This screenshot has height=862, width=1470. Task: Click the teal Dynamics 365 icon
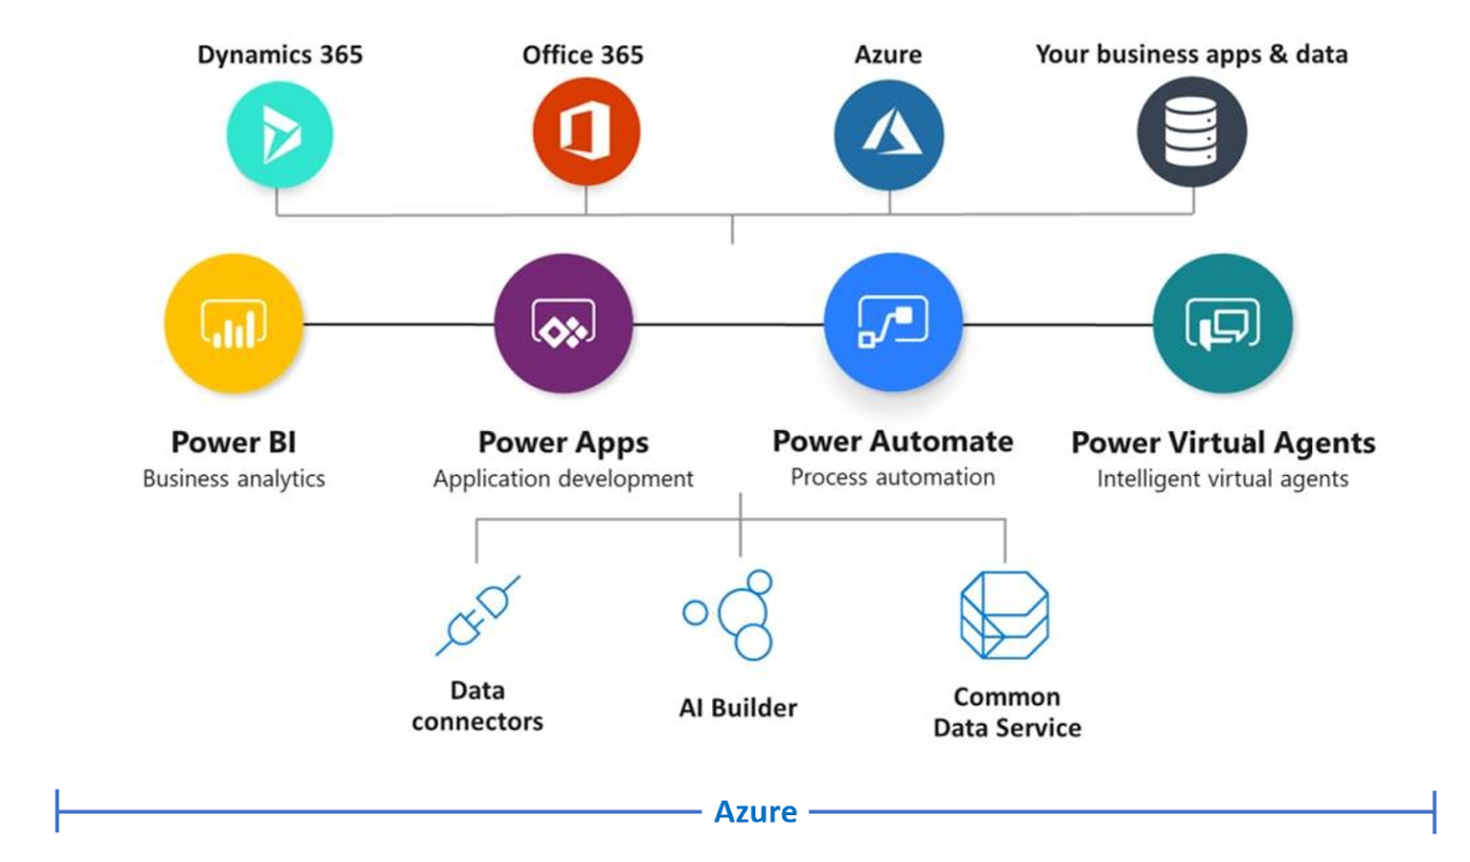[279, 134]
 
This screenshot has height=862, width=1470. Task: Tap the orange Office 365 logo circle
[586, 131]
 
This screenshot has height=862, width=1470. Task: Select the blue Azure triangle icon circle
[889, 134]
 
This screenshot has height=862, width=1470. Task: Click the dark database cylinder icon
[1192, 132]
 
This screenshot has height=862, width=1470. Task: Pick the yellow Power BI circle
[234, 324]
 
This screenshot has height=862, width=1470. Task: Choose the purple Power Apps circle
[564, 324]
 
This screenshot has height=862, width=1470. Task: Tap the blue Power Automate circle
[893, 322]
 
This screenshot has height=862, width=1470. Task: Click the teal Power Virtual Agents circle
[1222, 324]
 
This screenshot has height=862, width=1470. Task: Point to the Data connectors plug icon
[478, 616]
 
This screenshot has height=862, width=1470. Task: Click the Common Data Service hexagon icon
[1005, 616]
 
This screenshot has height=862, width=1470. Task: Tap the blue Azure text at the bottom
[755, 812]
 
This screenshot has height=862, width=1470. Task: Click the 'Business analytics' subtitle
[234, 478]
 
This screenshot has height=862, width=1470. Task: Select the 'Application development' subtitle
[563, 478]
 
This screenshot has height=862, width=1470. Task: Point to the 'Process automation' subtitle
[892, 477]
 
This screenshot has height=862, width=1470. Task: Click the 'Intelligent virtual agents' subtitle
[1222, 478]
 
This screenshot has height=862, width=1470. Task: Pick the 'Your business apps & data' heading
[1192, 55]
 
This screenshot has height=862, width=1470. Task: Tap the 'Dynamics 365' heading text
[279, 55]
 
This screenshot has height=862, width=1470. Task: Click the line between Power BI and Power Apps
[398, 324]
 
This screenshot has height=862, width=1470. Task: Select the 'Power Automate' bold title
[892, 442]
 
